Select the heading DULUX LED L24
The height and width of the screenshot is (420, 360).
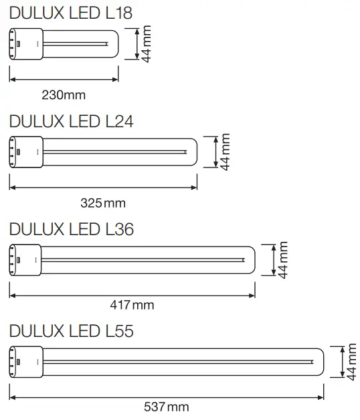pos(72,121)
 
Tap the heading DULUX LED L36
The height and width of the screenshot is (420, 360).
pos(72,229)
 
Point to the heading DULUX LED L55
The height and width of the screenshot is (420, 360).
pos(72,331)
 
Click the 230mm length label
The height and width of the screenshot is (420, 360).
pos(64,94)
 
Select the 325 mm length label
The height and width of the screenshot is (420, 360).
pos(104,202)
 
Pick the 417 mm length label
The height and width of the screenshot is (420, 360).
pos(132,305)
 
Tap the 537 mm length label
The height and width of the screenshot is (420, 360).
pos(167,407)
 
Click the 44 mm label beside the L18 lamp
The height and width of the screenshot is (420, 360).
pos(147,44)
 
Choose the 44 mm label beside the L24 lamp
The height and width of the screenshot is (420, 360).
pos(226,152)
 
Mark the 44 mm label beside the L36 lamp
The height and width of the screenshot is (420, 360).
pos(282,261)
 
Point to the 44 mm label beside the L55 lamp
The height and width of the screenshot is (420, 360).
pos(353,362)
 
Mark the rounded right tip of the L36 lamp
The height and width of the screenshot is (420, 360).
pos(251,261)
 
